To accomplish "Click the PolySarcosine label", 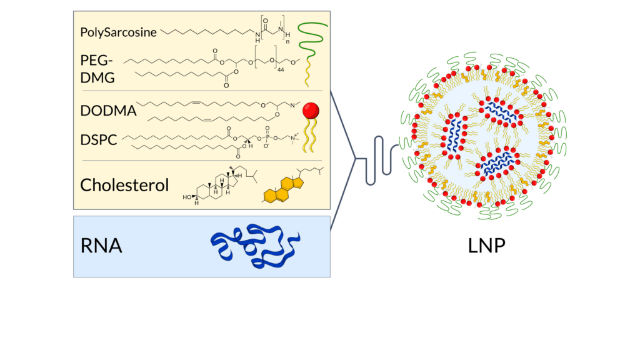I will pos(118,32).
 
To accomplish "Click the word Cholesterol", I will pos(124,185).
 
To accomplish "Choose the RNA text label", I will pos(101,246).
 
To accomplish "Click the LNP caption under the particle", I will pos(486,246).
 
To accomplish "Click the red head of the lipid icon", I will pos(311,111).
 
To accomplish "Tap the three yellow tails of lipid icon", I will pos(311,137).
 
